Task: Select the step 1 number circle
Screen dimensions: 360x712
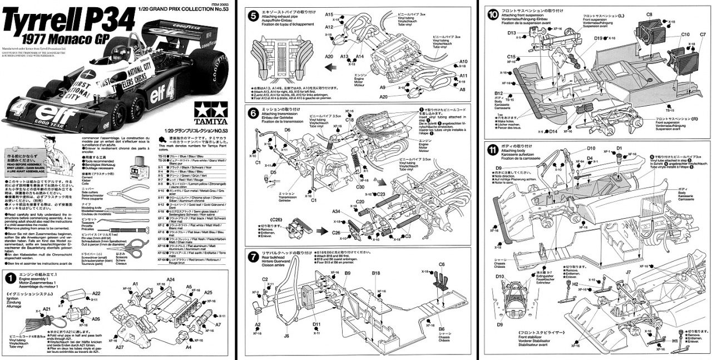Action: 11,277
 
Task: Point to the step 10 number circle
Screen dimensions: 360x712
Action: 492,15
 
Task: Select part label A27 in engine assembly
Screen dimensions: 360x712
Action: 120,347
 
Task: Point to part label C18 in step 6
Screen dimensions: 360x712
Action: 349,120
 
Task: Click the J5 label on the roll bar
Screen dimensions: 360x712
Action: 286,336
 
